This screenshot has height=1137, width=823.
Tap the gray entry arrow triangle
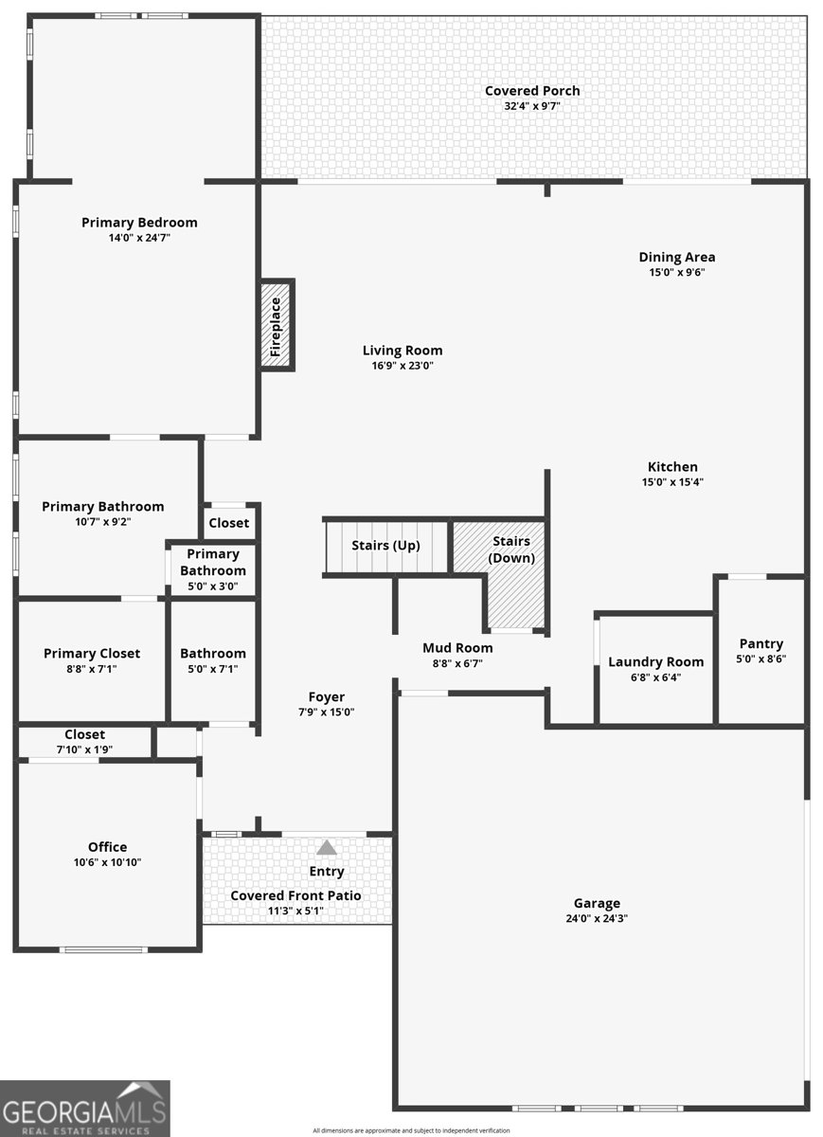(326, 847)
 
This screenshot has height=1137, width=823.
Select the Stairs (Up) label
(385, 546)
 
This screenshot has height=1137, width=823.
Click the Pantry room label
(761, 643)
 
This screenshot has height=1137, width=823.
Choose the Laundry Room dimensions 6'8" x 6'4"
(655, 677)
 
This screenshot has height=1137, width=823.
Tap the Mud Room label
(457, 648)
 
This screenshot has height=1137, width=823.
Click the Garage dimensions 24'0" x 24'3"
(597, 918)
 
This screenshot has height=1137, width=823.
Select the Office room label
(108, 847)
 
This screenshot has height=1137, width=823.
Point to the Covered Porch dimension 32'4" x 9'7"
(532, 106)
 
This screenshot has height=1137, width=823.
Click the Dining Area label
(677, 257)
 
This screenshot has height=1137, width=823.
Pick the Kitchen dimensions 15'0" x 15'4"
(672, 481)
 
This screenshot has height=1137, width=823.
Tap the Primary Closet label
(92, 653)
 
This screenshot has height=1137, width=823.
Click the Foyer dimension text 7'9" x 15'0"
(326, 712)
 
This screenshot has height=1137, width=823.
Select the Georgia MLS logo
(84, 1109)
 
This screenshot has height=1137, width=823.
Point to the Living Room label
(403, 351)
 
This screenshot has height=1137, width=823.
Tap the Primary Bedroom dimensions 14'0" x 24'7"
(139, 237)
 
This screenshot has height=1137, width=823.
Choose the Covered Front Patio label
(295, 895)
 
